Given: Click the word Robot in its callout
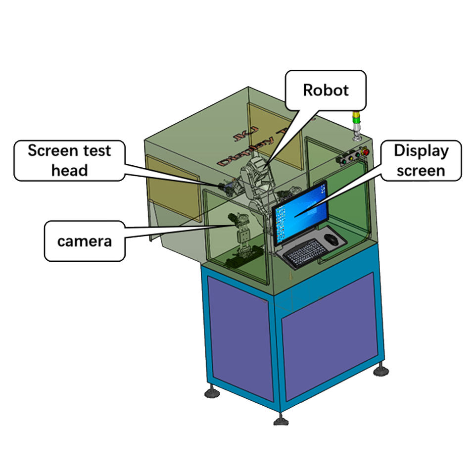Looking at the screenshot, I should [326, 90].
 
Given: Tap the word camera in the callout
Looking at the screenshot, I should [84, 241].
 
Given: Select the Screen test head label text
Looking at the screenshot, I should [69, 160].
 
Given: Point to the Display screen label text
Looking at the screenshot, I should [421, 160].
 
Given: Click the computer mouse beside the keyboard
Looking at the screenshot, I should [332, 240].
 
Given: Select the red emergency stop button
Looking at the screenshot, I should [366, 151].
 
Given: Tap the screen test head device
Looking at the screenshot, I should [228, 187].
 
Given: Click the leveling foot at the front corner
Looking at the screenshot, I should [281, 421].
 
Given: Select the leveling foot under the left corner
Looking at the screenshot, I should [212, 393].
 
